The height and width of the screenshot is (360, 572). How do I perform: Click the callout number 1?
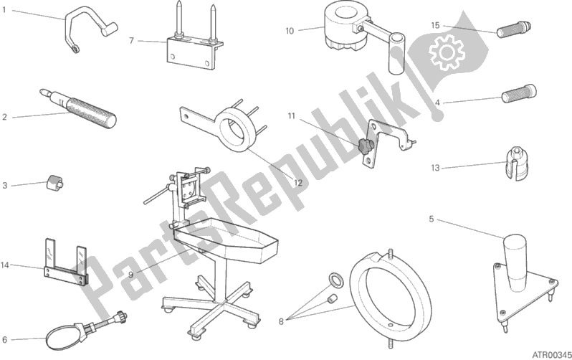[4, 10]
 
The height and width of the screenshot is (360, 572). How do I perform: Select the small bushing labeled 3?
[54, 181]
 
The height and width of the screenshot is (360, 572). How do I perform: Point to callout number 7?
[132, 41]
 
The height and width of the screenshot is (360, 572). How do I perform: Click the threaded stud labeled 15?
[514, 29]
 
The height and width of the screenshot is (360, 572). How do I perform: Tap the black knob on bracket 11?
[364, 147]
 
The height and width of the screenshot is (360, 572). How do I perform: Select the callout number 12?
[298, 183]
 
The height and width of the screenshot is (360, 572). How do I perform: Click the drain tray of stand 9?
[227, 241]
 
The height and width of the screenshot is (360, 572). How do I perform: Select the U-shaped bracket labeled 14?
[67, 263]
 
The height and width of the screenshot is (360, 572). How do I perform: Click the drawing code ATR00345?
[551, 354]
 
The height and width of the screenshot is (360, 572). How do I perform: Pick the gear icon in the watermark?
[447, 52]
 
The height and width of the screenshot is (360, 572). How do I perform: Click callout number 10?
[290, 31]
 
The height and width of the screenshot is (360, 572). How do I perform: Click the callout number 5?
[432, 219]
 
